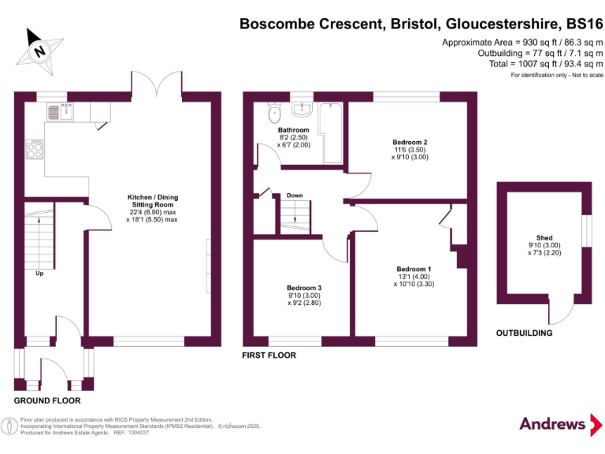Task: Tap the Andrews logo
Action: tap(553, 423)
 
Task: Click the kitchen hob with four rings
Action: tap(35, 149)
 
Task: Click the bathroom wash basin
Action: tap(302, 108)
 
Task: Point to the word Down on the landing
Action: tap(295, 195)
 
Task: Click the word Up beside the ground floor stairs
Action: tap(39, 274)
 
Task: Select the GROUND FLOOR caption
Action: tap(47, 400)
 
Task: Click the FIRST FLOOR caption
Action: tap(269, 355)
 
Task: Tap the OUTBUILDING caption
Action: tap(524, 333)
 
